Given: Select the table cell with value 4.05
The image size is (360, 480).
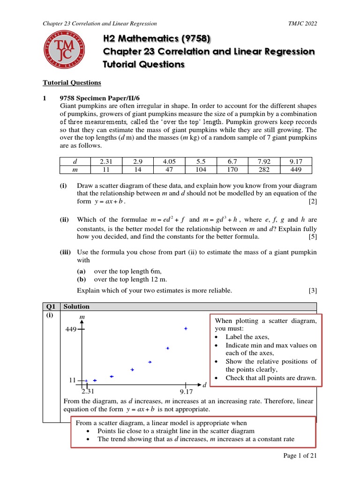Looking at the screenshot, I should pyautogui.click(x=169, y=161).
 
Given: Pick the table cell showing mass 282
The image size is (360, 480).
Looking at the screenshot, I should pyautogui.click(x=264, y=170).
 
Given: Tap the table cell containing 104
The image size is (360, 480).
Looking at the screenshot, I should pyautogui.click(x=201, y=170).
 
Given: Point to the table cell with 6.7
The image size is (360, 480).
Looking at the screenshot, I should pyautogui.click(x=232, y=161).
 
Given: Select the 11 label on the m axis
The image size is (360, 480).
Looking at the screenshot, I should pyautogui.click(x=73, y=380).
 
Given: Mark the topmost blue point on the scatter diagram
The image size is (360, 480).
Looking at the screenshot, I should pyautogui.click(x=186, y=329).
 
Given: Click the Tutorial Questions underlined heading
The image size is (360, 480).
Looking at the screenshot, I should pyautogui.click(x=72, y=82).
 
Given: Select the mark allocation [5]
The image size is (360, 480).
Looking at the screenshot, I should pyautogui.click(x=313, y=237).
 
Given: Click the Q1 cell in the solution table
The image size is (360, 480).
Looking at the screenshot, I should pyautogui.click(x=51, y=307).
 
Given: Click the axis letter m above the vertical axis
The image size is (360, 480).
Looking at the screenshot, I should pyautogui.click(x=82, y=318).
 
